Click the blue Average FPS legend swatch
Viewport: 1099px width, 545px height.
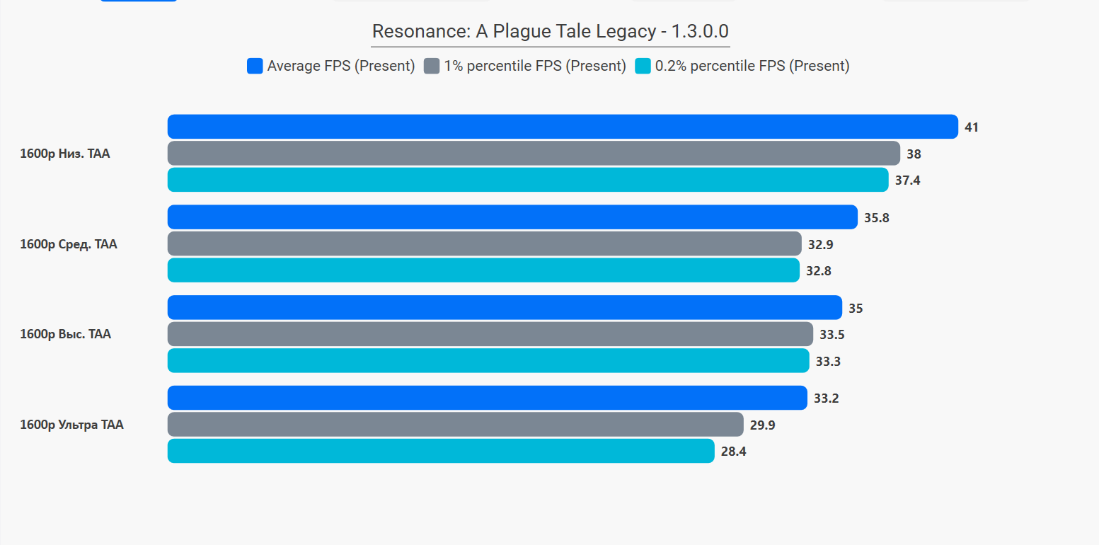(x=255, y=66)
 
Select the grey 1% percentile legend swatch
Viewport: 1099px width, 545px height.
(x=431, y=66)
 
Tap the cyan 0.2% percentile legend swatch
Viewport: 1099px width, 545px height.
(x=643, y=66)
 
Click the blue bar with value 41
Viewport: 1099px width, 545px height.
(x=563, y=127)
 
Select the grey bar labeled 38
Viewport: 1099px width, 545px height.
(x=534, y=154)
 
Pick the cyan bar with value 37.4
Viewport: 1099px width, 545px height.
(x=528, y=180)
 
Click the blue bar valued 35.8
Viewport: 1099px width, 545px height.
(x=513, y=217)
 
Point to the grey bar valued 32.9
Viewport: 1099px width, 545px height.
(x=484, y=243)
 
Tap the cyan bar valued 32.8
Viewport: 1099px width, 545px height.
(x=483, y=270)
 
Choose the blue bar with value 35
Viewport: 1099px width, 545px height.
(x=505, y=308)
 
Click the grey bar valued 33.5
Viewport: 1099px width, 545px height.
(x=490, y=334)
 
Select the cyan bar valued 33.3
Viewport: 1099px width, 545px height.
(x=488, y=360)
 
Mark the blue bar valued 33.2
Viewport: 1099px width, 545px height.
(x=487, y=398)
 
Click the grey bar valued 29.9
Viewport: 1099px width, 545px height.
(x=455, y=425)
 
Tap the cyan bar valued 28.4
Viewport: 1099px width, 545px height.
(x=441, y=451)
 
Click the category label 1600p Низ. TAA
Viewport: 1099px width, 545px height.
(x=65, y=154)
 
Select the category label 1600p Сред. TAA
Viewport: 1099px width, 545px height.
(x=69, y=244)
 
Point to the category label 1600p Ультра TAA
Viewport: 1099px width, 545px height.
(x=71, y=425)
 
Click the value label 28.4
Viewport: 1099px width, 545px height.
(x=733, y=452)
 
